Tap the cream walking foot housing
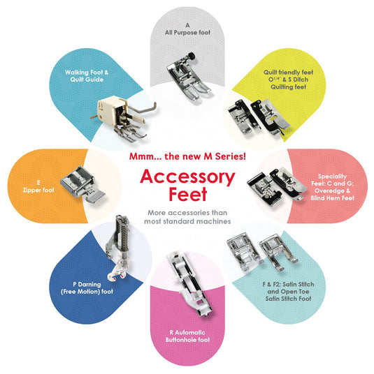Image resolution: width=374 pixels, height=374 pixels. pyautogui.click(x=110, y=110)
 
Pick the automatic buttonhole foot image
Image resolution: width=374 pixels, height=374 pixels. pyautogui.click(x=189, y=284)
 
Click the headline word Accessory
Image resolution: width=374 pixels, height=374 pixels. pyautogui.click(x=187, y=177)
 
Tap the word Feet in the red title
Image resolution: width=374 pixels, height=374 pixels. pyautogui.click(x=187, y=195)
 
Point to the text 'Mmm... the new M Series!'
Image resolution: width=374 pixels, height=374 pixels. pyautogui.click(x=187, y=156)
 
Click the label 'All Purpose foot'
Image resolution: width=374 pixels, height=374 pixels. pyautogui.click(x=187, y=32)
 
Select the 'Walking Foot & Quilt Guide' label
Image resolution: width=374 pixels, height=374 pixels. pyautogui.click(x=87, y=76)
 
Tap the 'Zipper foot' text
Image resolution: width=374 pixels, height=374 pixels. pyautogui.click(x=38, y=190)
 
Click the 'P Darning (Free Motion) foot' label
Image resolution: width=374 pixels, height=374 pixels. pyautogui.click(x=87, y=288)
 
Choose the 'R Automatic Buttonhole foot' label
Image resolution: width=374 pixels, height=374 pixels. pyautogui.click(x=187, y=336)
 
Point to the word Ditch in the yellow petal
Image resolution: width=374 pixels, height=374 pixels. pyautogui.click(x=301, y=80)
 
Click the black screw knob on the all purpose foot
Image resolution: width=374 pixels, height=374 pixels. pyautogui.click(x=191, y=56)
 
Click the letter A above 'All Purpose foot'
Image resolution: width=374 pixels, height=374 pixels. pyautogui.click(x=187, y=25)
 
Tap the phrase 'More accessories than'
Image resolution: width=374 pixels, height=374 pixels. pyautogui.click(x=187, y=213)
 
